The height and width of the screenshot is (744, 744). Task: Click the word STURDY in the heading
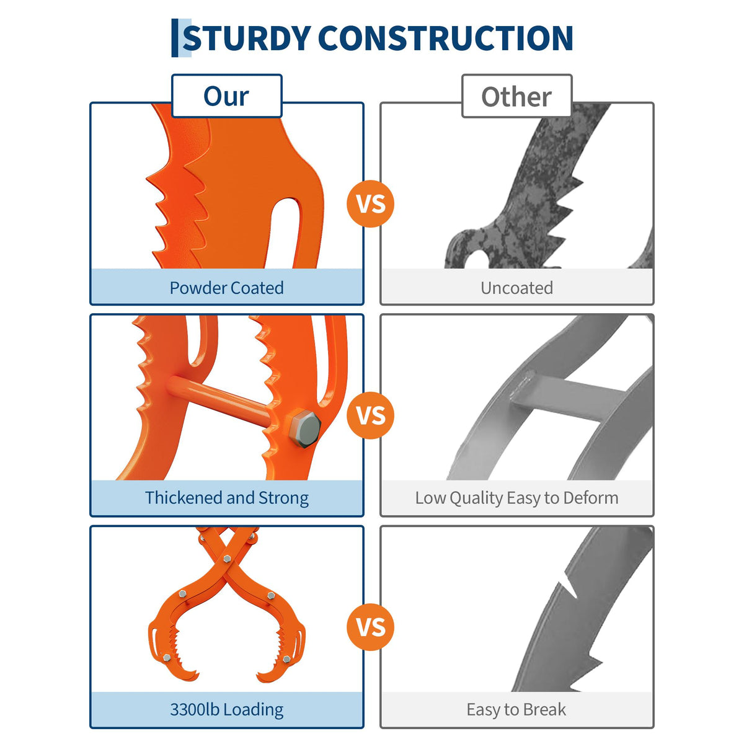247,38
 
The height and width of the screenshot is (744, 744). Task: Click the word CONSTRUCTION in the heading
446,38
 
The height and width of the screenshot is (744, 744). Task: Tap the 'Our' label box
227,95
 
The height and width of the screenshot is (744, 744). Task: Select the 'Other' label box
516,95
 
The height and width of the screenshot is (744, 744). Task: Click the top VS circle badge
371,203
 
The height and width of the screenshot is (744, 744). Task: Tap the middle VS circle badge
371,415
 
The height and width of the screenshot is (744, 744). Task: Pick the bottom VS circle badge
371,627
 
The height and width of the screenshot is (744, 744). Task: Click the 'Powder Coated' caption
227,288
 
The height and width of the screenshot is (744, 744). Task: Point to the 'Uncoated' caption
516,288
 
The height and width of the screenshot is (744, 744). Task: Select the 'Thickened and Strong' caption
227,498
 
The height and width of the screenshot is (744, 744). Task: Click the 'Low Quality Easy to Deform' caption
516,498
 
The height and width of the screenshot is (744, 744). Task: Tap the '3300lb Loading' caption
227,710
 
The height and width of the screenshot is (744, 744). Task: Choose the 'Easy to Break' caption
516,710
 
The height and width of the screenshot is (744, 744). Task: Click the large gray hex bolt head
304,429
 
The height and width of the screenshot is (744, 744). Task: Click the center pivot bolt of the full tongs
227,559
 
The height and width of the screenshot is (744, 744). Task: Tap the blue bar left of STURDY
175,38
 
